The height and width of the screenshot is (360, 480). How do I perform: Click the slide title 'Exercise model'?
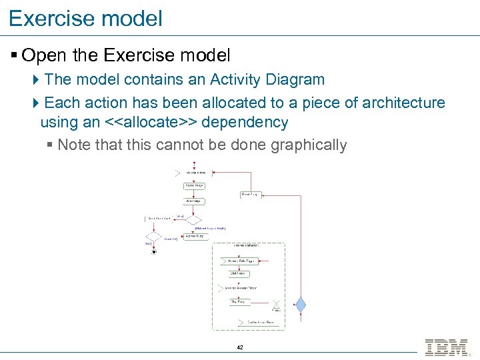point(85,18)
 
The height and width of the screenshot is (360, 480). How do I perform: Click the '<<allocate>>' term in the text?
point(149,123)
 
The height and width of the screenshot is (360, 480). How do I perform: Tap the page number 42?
point(240,348)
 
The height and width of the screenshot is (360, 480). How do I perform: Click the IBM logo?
point(446,347)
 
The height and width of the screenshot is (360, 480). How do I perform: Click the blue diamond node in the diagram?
point(301,305)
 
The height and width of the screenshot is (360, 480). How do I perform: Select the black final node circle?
point(154,252)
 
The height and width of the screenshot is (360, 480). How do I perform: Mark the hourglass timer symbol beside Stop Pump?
point(276,304)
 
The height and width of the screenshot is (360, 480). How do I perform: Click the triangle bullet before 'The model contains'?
point(36,80)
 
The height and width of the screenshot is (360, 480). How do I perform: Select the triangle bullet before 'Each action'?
point(36,103)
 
